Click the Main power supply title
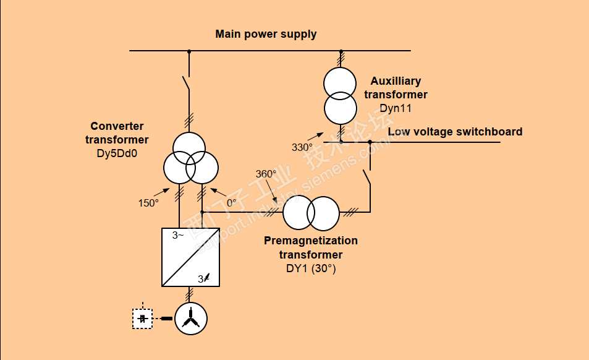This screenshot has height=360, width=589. [266, 34]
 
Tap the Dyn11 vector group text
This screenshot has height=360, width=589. [396, 108]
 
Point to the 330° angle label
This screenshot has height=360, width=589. [302, 147]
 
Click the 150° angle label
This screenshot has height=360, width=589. [148, 202]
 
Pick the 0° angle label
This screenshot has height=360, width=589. [231, 202]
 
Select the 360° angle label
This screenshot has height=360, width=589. [266, 174]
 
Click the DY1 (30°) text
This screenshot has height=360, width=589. [310, 268]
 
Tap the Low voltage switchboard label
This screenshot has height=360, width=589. [455, 132]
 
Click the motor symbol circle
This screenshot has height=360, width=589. [191, 319]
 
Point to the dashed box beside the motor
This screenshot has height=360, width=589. [143, 319]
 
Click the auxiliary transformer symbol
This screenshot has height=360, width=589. [341, 96]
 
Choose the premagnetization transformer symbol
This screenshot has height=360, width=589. [311, 213]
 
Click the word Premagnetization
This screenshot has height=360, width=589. [310, 241]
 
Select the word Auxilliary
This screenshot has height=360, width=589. [396, 81]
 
